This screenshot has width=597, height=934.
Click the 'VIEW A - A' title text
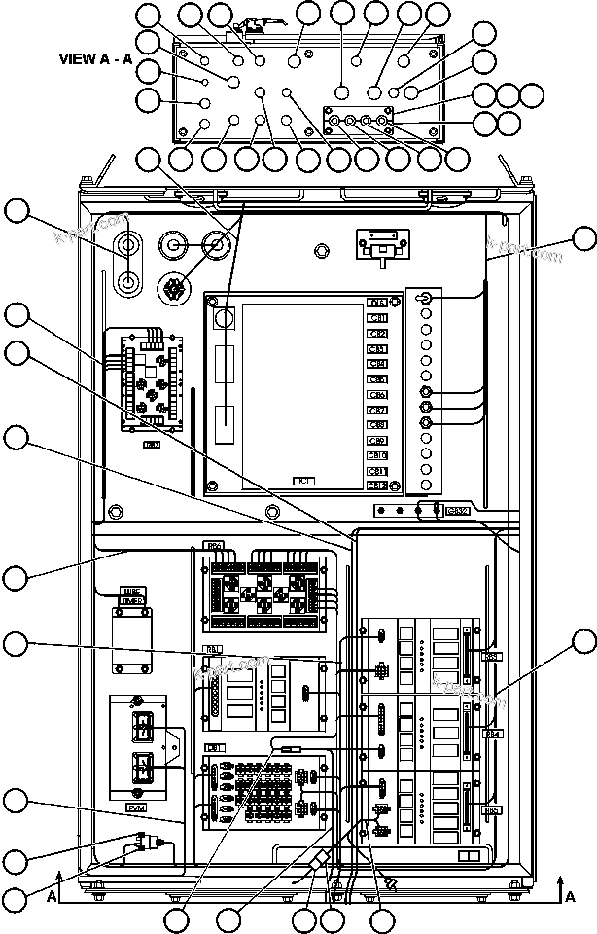click(x=95, y=58)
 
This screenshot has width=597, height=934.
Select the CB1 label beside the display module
click(x=377, y=318)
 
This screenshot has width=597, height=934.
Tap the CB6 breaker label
click(x=377, y=395)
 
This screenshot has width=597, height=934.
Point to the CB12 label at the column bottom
click(x=377, y=485)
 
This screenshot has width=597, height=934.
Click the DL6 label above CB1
click(x=377, y=303)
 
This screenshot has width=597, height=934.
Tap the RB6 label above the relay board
click(x=214, y=546)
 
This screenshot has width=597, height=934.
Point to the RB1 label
click(x=212, y=647)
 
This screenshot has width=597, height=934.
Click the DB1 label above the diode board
click(x=214, y=747)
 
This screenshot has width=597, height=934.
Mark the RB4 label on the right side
click(x=493, y=733)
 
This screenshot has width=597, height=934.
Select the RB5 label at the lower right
click(x=493, y=809)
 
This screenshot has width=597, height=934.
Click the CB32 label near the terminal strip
click(x=456, y=510)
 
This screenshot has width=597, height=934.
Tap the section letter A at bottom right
click(x=571, y=896)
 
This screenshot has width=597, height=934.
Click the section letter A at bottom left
click(x=51, y=896)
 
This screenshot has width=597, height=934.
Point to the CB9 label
click(x=377, y=441)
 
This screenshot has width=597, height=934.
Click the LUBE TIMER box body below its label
click(x=130, y=641)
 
